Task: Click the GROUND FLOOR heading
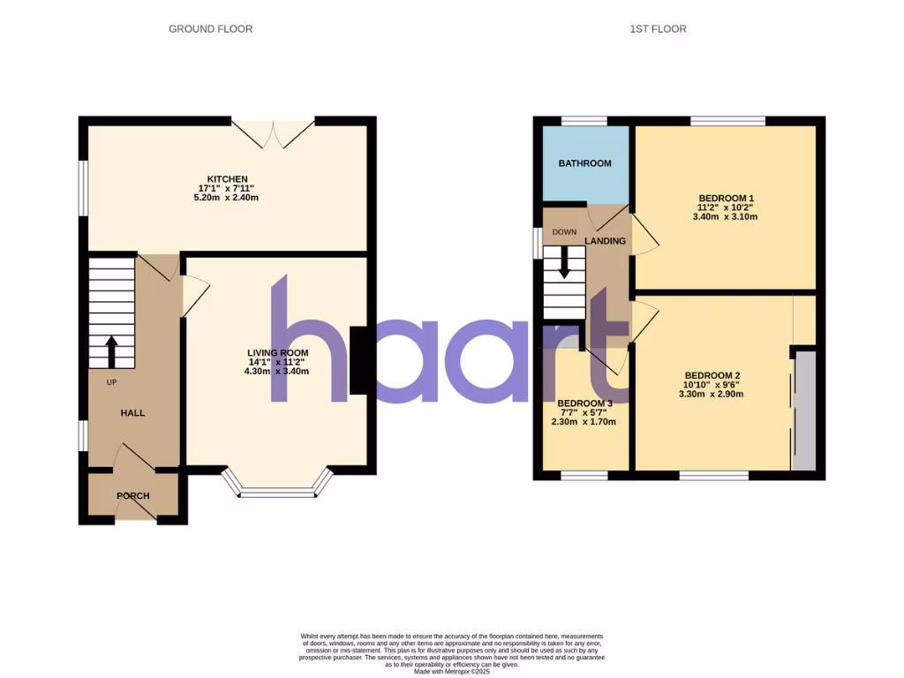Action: click(210, 29)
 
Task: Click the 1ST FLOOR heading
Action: click(658, 29)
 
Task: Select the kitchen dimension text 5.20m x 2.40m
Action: click(227, 198)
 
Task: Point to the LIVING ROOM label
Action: click(277, 353)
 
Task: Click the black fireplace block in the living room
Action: click(359, 360)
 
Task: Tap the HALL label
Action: click(133, 412)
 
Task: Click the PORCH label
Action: click(133, 496)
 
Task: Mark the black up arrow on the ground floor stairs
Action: click(111, 350)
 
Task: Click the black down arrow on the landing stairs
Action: click(563, 268)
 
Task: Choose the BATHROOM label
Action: click(584, 163)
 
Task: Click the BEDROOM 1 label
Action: click(727, 198)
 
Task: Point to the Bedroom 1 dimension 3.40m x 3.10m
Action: click(727, 216)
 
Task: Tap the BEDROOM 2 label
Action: click(712, 375)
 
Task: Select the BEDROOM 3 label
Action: click(584, 403)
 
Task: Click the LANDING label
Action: click(606, 241)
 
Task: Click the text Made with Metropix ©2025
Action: click(451, 672)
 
